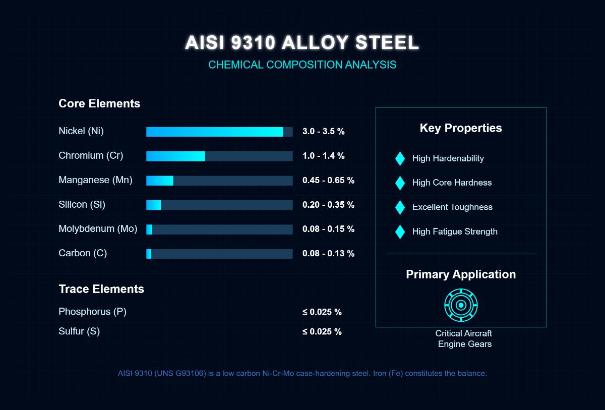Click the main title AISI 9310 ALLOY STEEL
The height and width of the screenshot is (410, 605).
[301, 43]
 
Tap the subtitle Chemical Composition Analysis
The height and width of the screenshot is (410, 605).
[302, 65]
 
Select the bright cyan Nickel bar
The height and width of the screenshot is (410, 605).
[214, 132]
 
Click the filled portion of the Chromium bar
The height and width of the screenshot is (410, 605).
[175, 156]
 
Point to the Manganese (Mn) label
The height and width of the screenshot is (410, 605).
[95, 180]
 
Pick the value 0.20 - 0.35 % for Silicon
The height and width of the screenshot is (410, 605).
[328, 205]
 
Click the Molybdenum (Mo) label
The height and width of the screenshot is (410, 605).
[98, 229]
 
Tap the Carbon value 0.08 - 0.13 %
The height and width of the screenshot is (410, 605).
[328, 254]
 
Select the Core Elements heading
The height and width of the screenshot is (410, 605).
[99, 104]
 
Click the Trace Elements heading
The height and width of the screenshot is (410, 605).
[101, 289]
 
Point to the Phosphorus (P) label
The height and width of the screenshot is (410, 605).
[92, 312]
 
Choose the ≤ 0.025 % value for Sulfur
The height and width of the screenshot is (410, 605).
[322, 332]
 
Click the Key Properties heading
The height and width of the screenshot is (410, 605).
[461, 128]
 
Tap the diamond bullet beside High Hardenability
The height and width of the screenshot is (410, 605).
[400, 158]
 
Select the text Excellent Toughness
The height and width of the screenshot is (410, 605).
[452, 207]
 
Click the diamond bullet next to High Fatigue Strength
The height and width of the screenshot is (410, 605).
[400, 232]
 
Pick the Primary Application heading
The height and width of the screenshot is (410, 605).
[461, 274]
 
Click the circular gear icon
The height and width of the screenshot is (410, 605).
[461, 305]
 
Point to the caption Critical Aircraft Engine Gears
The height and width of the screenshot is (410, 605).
[464, 339]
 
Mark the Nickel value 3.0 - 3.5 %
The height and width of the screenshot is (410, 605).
[323, 132]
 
